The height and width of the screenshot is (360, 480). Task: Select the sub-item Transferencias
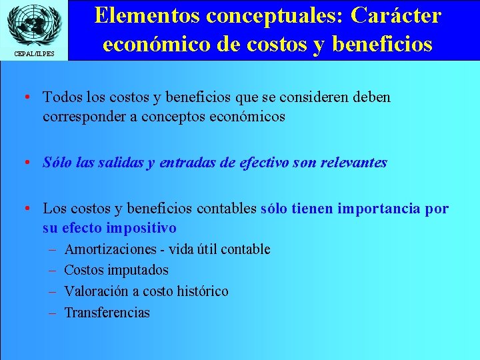(107, 313)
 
